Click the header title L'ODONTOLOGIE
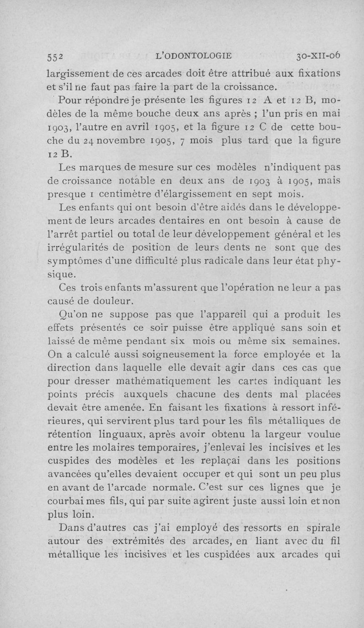click(194, 56)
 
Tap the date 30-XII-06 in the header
click(318, 56)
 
